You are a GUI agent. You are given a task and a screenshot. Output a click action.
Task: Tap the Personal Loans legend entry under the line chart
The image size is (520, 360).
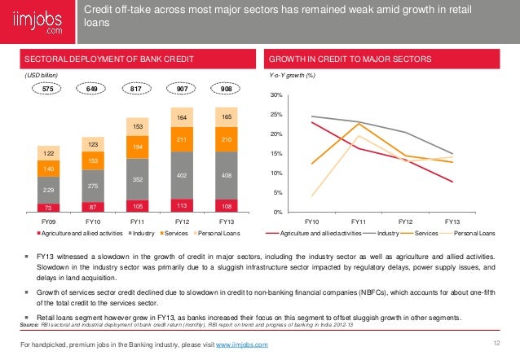tap(472, 233)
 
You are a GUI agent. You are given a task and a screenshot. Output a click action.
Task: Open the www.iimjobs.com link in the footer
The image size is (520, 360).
tap(242, 346)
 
